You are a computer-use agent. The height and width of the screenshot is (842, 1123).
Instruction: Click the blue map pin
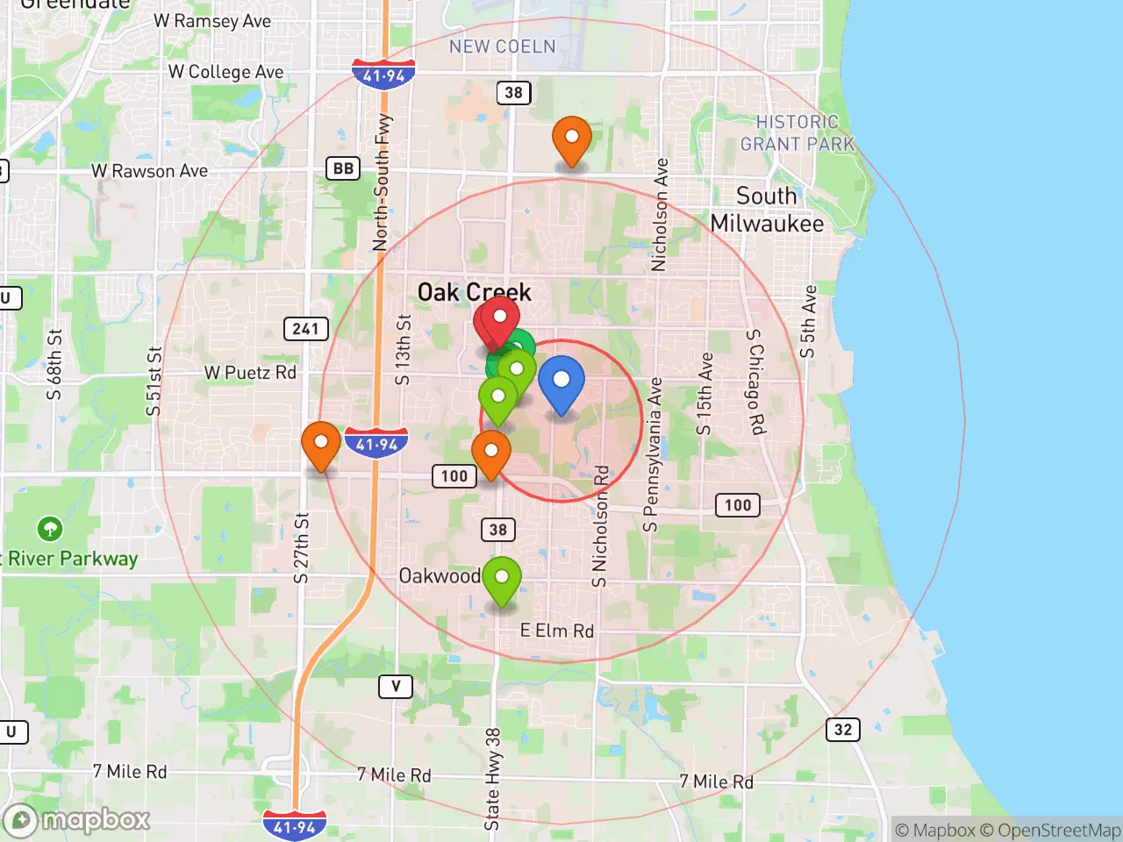coord(561,383)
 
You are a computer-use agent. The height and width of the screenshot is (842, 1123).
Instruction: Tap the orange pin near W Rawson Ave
coord(571,139)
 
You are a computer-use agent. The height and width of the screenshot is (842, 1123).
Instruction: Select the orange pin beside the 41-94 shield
coord(321,444)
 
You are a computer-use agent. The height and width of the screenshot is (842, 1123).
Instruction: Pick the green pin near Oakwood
coord(502,579)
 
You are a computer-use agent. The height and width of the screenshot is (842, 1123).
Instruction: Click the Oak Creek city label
coord(474,292)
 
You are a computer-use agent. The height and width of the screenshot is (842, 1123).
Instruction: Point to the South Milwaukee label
coord(767,210)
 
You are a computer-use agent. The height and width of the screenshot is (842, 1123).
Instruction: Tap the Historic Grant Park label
coord(797,133)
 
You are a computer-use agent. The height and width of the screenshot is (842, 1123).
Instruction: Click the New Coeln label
coord(502,46)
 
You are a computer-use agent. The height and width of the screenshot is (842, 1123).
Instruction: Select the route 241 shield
coord(305,329)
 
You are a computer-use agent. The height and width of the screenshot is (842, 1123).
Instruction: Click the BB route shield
coord(343,168)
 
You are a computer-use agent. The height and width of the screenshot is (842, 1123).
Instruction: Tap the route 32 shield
coord(842,730)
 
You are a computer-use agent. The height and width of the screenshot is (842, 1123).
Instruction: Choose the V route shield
coord(396,686)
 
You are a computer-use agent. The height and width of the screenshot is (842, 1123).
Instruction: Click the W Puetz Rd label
coord(250,373)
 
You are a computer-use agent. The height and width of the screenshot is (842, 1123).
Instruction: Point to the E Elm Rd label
coord(556,631)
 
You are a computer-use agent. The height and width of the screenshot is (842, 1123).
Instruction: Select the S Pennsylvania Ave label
coord(652,455)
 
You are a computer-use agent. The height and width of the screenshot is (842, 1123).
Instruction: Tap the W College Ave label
coord(225,72)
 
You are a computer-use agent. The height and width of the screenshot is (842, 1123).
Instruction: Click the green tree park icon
coord(50,529)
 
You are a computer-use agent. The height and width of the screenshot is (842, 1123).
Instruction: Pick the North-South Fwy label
coord(382,182)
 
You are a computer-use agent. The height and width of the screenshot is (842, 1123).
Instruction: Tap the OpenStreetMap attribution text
coord(1059,830)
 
